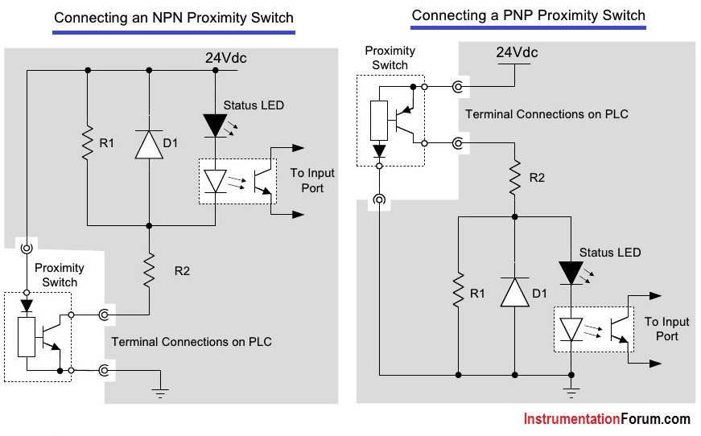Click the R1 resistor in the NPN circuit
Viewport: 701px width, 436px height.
pyautogui.click(x=88, y=143)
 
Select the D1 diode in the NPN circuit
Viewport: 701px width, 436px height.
pyautogui.click(x=149, y=144)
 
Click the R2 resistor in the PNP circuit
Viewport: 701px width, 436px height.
pyautogui.click(x=514, y=177)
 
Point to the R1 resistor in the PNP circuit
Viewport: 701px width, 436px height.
pyautogui.click(x=458, y=291)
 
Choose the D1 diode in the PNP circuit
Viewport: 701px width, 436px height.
pyautogui.click(x=514, y=292)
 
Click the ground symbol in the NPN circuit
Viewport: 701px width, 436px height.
pyautogui.click(x=160, y=393)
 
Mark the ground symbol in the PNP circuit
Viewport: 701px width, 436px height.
pyautogui.click(x=571, y=393)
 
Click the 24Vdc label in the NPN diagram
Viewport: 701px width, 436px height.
pyautogui.click(x=226, y=58)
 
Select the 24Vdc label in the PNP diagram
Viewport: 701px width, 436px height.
pyautogui.click(x=517, y=52)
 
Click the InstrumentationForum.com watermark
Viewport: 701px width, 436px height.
pyautogui.click(x=607, y=419)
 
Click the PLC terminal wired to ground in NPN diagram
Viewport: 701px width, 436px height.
pyautogui.click(x=104, y=370)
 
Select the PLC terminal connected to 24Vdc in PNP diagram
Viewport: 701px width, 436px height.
pyautogui.click(x=458, y=87)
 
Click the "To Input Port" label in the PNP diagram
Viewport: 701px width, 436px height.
pyautogui.click(x=666, y=329)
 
